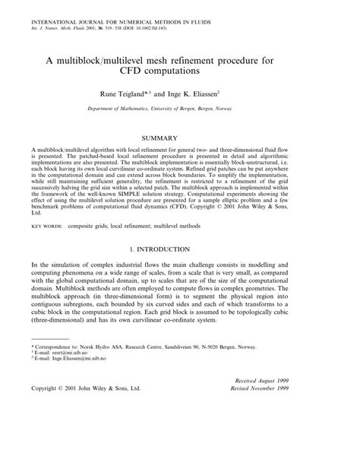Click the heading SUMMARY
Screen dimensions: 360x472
click(180, 138)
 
